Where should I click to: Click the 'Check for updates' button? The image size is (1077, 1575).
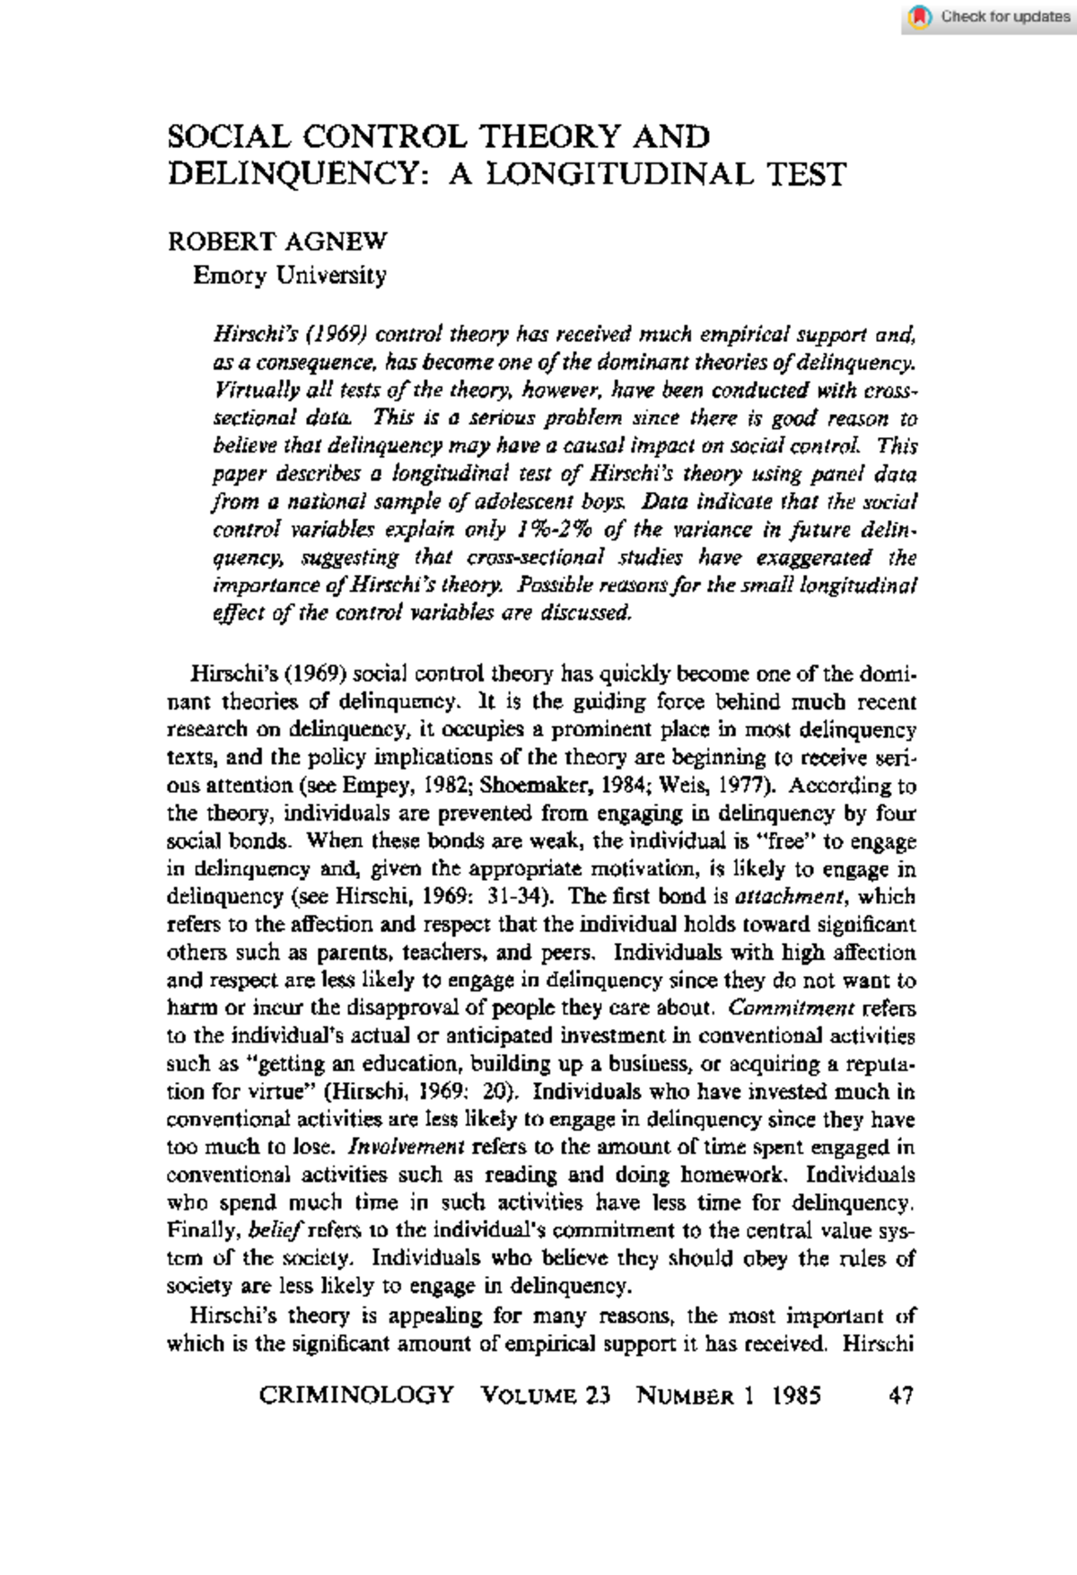coord(991,16)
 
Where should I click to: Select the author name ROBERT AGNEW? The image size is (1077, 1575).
coord(277,242)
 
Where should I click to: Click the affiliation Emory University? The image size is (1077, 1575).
coord(289,275)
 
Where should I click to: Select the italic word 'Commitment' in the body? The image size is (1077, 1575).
coord(792,1007)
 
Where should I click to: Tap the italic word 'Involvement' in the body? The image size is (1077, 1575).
coord(406,1147)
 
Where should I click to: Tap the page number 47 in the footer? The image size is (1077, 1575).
coord(900,1395)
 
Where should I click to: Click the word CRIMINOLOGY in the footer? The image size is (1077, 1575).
coord(356,1395)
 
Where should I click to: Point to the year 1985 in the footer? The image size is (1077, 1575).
coord(796,1395)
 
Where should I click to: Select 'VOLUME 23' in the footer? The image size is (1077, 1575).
coord(546,1395)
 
